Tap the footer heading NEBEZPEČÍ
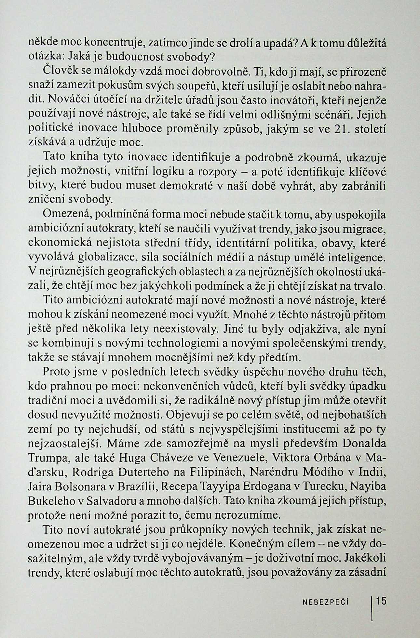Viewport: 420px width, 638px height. click(326, 602)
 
